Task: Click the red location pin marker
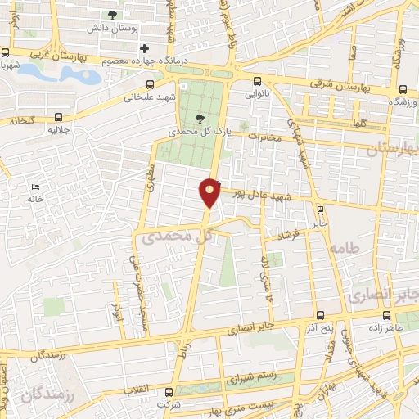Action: pyautogui.click(x=210, y=191)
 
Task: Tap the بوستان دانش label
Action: pyautogui.click(x=111, y=28)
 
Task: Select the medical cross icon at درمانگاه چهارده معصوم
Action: pyautogui.click(x=144, y=49)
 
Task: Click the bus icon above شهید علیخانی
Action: pyautogui.click(x=150, y=84)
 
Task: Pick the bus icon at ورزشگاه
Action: pyautogui.click(x=402, y=90)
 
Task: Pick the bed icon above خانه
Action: pyautogui.click(x=32, y=187)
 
